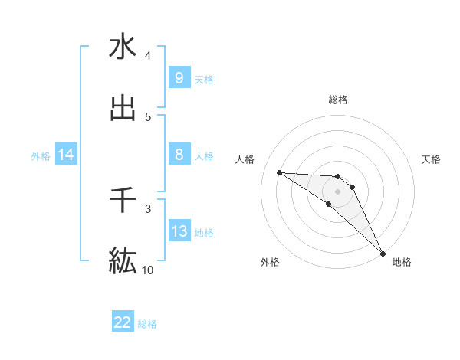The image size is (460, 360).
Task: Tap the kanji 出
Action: tap(123, 108)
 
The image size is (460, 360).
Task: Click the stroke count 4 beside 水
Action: tap(148, 56)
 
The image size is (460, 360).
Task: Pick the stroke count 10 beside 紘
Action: tap(148, 270)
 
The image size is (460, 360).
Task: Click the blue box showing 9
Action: tap(179, 78)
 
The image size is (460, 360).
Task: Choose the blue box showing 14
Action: tap(66, 155)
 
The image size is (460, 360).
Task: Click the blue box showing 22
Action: tap(123, 322)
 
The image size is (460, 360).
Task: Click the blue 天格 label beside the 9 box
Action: tap(203, 79)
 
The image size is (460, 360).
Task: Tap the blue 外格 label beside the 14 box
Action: tap(41, 156)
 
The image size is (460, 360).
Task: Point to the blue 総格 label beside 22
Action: tap(147, 324)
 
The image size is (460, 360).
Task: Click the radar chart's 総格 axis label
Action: tap(338, 100)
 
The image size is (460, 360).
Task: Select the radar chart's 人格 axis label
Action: tap(245, 159)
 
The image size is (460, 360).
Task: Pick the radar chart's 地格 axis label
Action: tap(402, 262)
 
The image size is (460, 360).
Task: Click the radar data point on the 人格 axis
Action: tap(279, 172)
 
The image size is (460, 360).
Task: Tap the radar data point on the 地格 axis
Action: tap(383, 254)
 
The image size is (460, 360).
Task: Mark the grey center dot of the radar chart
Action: tap(338, 191)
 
